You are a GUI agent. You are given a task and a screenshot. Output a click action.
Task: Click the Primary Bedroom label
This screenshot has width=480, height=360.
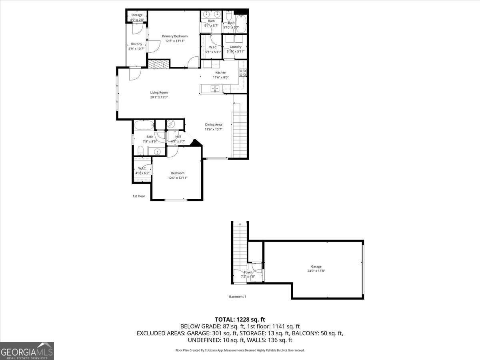coord(175,36)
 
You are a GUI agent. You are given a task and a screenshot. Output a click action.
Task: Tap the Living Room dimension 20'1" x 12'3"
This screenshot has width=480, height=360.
coord(159,97)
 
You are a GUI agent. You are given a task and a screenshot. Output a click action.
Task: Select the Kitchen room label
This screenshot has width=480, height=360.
coord(221,73)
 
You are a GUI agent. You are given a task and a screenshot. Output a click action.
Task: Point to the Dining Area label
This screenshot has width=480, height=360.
coord(213,124)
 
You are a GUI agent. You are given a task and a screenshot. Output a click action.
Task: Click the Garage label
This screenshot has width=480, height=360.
coord(316,266)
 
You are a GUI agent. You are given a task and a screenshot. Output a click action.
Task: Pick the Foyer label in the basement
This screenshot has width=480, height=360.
coord(248,272)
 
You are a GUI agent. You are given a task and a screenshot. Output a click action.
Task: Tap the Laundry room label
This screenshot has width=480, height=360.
coord(236,47)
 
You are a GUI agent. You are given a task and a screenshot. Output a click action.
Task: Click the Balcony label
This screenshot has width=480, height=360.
coord(136,44)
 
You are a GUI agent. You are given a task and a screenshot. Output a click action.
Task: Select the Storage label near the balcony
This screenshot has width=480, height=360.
coord(137,15)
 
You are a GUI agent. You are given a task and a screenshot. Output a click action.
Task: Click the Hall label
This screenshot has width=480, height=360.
coord(178,136)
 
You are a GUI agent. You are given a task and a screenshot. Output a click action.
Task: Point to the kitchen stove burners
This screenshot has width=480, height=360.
coord(242,72)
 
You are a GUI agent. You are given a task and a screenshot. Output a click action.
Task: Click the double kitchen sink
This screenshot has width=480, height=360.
coord(215,89)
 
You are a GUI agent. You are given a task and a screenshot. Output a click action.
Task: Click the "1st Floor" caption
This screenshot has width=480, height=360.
coord(139,196)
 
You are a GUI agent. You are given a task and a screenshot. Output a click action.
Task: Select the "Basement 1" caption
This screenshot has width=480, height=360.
coord(237,296)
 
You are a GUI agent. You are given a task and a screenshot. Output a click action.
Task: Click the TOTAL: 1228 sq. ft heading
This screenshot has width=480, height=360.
coord(240,319)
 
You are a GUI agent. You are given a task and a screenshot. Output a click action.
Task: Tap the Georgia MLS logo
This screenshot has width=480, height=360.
coord(27,351)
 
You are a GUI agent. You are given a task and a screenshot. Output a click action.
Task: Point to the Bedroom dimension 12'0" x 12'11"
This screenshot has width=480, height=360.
coord(178,178)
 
